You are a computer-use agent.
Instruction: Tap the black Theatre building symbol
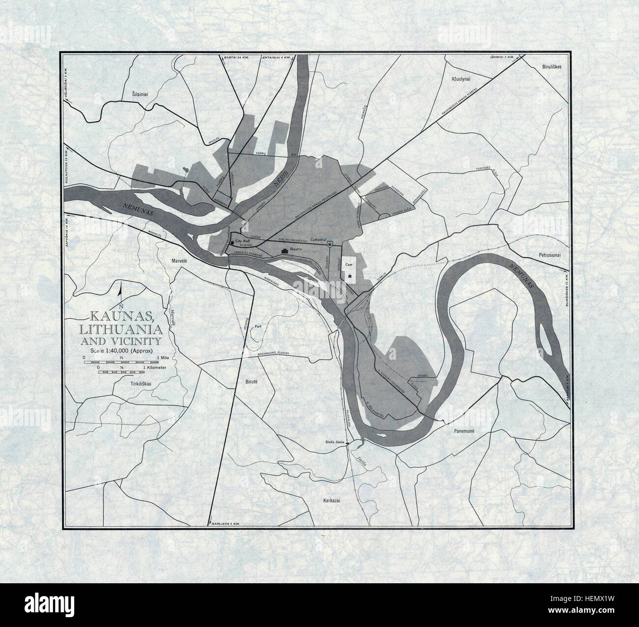tap(284, 251)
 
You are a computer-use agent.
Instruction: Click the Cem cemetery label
tap(349, 264)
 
